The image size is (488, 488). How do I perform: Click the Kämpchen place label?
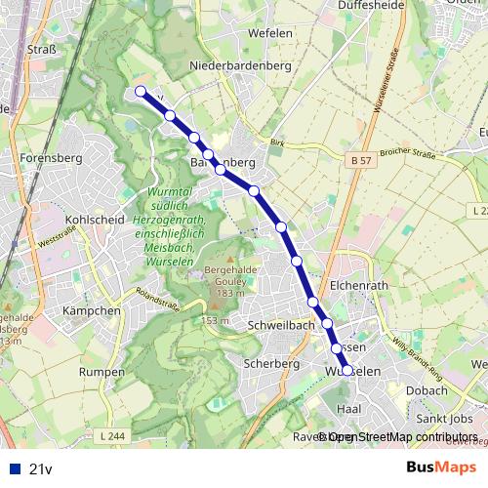tap(90, 310)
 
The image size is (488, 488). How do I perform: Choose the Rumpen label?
tap(102, 372)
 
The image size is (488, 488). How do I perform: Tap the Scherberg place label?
tap(272, 363)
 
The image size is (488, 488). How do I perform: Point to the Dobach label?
tap(426, 389)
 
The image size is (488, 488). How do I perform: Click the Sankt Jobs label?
tap(444, 418)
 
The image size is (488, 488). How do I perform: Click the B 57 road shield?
tap(359, 159)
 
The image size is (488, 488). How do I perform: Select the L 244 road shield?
tap(113, 435)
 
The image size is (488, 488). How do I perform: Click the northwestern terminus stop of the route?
tap(141, 92)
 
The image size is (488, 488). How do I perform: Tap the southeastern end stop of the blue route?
tap(346, 370)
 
